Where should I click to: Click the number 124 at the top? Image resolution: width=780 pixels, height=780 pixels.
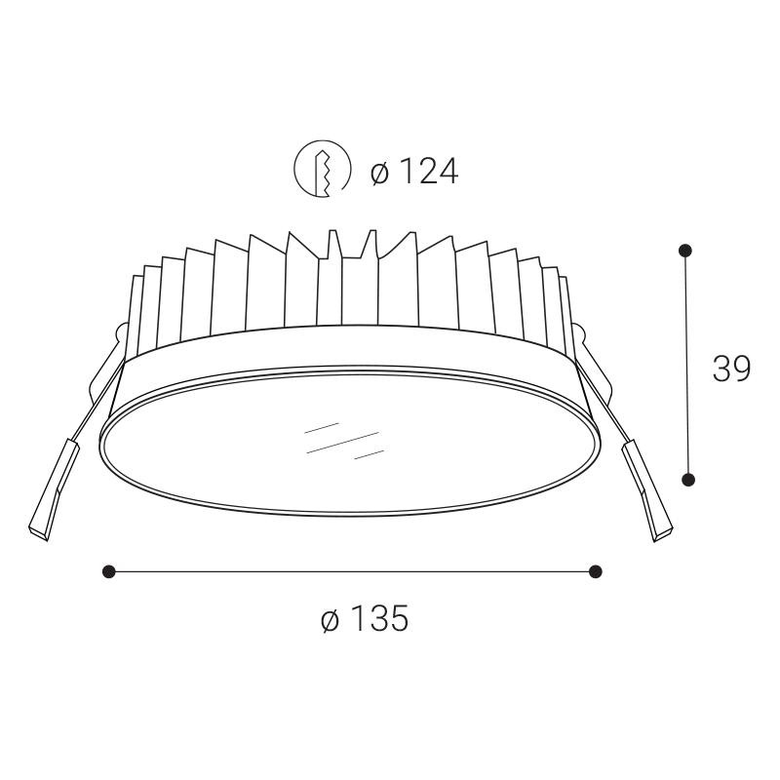coord(426,173)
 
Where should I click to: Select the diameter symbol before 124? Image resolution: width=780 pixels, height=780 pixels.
coord(380,174)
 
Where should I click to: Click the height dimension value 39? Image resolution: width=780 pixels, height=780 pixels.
coord(731,369)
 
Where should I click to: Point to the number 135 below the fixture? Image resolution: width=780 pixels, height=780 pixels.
coord(377,618)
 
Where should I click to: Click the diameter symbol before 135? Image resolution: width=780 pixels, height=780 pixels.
coord(330,619)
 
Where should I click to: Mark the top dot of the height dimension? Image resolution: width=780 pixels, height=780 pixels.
coord(686,251)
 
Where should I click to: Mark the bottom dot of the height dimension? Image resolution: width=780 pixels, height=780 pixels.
coord(688,479)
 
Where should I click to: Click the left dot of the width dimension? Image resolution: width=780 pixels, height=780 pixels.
coord(109,571)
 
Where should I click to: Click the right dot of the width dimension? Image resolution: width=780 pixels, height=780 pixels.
coord(596,571)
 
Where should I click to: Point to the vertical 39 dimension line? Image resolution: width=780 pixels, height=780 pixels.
coord(687,365)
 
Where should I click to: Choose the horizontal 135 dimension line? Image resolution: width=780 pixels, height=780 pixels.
coord(352,571)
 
